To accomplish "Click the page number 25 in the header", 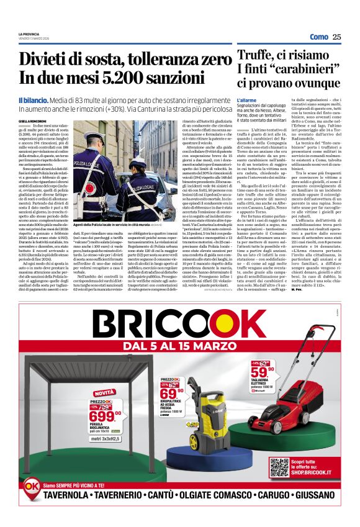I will click(336, 37).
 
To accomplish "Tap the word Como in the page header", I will click(318, 37).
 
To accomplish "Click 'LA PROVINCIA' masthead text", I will click(31, 34).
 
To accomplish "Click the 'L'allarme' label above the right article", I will click(246, 99).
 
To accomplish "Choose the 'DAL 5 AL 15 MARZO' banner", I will click(180, 346).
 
